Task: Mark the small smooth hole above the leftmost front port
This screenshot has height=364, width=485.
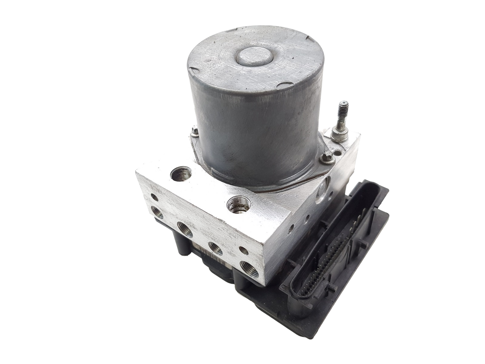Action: tap(155, 198)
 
